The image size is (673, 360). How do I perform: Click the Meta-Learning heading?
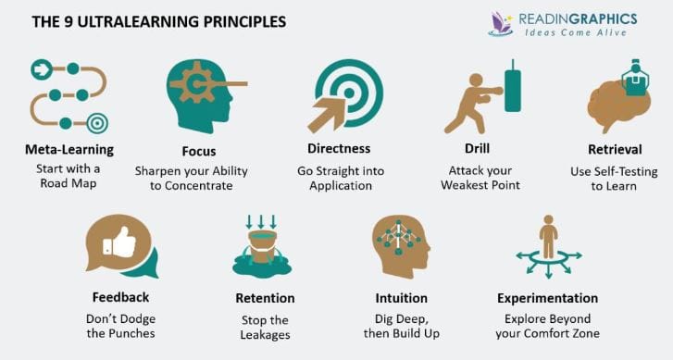tap(69, 149)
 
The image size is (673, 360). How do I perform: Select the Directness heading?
tap(339, 148)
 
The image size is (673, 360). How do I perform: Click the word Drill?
tap(479, 149)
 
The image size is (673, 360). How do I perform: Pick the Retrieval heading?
tap(616, 149)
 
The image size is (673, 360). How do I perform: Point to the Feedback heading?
tap(120, 298)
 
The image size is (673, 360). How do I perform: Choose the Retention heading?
tap(266, 298)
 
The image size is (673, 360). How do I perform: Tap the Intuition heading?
tap(402, 298)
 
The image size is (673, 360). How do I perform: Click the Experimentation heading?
tap(547, 298)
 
